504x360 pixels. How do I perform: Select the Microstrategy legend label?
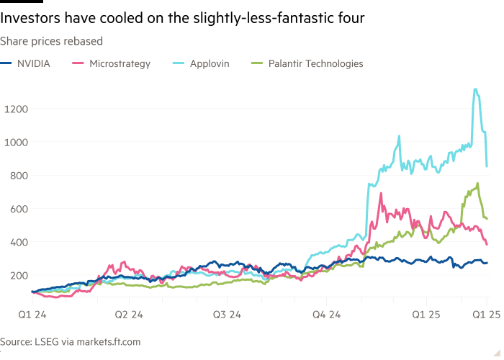[120, 64]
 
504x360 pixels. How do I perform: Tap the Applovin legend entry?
[209, 64]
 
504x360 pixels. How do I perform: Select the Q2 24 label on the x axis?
[127, 314]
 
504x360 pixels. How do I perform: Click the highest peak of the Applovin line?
[475, 89]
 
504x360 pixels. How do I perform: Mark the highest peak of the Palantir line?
[477, 183]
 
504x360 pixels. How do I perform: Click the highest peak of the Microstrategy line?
[380, 194]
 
